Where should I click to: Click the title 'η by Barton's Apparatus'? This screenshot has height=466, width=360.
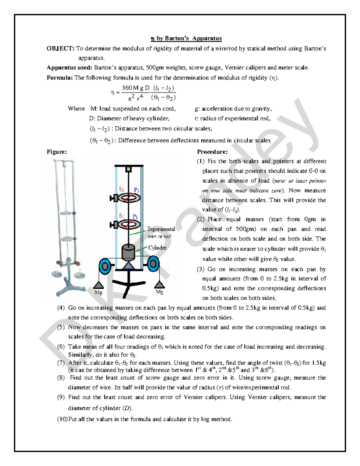click(186, 38)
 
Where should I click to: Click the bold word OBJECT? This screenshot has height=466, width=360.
click(60, 49)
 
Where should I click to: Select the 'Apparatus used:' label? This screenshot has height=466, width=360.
click(69, 68)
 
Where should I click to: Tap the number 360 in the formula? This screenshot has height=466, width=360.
click(127, 88)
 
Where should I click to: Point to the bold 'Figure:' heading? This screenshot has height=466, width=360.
click(57, 152)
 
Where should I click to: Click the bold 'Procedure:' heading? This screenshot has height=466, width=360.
click(212, 152)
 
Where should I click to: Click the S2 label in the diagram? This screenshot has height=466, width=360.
click(121, 189)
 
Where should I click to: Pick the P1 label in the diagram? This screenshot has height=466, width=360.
click(135, 217)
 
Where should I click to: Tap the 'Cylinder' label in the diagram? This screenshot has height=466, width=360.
click(157, 248)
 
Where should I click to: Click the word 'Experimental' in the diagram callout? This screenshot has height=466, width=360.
click(161, 229)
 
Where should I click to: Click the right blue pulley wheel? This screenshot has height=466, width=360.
click(153, 264)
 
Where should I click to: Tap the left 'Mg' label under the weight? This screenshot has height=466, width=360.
click(98, 292)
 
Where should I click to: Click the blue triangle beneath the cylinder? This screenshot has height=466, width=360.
click(128, 266)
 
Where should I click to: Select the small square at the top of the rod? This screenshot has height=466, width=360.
click(128, 170)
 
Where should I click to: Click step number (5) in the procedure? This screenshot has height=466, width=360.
click(61, 327)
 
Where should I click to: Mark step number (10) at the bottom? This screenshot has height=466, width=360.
click(62, 419)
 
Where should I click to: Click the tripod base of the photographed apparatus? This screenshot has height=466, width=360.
click(68, 287)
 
